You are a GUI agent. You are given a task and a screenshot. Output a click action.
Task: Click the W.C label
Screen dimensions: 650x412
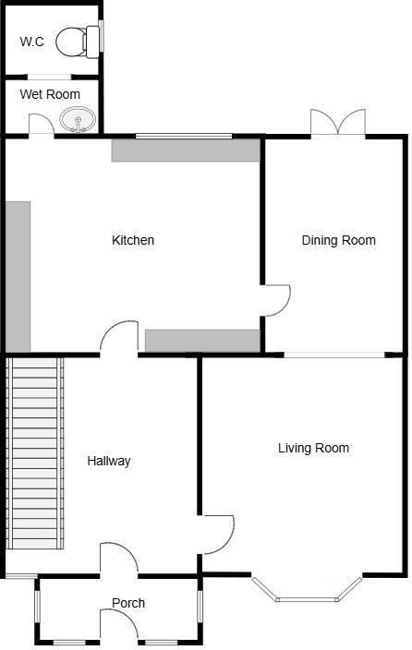[x=32, y=42]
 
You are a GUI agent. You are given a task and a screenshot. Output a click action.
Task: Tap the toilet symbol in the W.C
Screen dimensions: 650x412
[x=77, y=41]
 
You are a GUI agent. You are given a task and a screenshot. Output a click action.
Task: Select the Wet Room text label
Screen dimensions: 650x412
[x=50, y=94]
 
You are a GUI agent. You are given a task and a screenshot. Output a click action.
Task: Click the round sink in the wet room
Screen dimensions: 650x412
[x=77, y=119]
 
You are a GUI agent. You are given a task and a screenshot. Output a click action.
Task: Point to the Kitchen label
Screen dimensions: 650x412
[x=133, y=241]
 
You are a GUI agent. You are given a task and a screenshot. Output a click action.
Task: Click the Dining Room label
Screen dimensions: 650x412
[x=338, y=241]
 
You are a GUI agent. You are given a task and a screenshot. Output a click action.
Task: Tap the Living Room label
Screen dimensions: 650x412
[x=313, y=449]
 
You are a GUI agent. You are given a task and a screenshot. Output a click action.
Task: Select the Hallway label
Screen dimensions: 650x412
[x=109, y=461]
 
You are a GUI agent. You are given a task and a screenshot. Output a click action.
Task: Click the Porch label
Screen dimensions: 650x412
[x=128, y=603]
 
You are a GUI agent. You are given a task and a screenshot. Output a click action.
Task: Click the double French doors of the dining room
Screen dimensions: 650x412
[x=338, y=124]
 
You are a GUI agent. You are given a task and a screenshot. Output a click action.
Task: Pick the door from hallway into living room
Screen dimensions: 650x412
[x=216, y=535]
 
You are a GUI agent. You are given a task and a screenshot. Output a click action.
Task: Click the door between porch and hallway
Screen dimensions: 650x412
[x=118, y=560]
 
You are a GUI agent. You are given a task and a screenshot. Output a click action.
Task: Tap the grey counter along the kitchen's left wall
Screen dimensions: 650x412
[x=18, y=276]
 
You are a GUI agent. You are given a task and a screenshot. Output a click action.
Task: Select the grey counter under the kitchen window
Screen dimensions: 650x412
[x=186, y=150]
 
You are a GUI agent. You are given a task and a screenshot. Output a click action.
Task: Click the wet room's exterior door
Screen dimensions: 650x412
[x=41, y=126]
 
